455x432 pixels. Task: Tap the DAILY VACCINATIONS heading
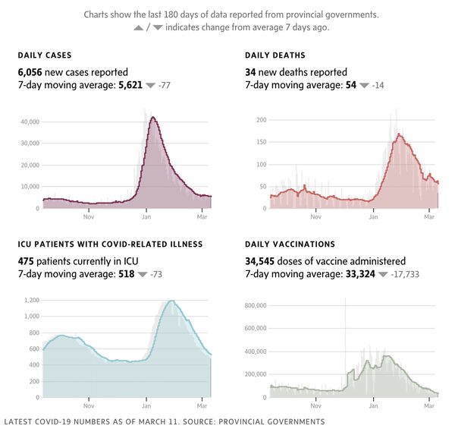point(290,244)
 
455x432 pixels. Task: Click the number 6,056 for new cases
point(31,71)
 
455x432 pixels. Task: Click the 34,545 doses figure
point(262,260)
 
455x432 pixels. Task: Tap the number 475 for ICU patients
point(27,260)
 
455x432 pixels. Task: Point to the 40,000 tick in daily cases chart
point(30,121)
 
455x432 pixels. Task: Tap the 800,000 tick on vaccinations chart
point(255,305)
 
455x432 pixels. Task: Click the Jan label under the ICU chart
point(146,406)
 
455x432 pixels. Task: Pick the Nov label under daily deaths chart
point(315,217)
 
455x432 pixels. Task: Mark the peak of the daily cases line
point(153,117)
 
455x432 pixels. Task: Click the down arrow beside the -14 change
point(364,85)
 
